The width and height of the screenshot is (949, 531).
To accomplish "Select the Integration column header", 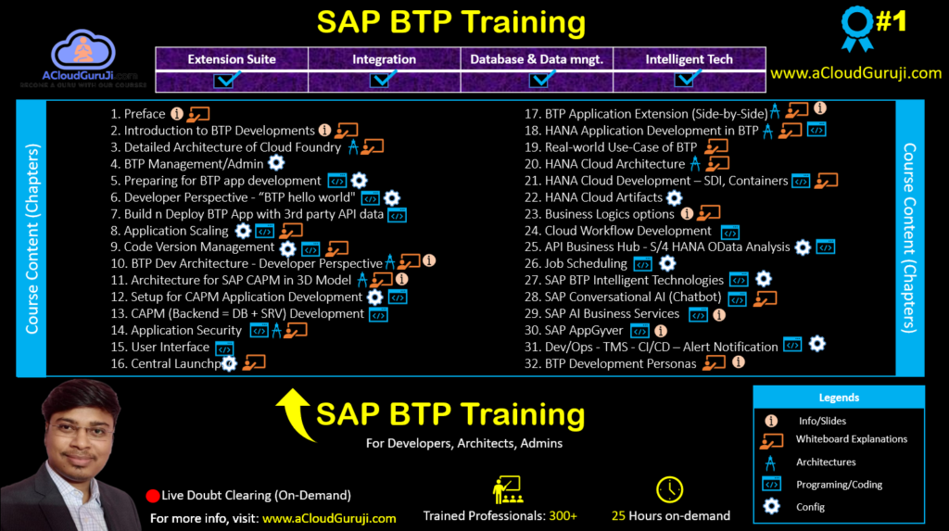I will point(384,59).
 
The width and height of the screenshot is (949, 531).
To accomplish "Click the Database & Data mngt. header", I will point(537,59).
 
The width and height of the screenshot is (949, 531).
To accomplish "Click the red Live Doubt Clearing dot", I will point(153,496).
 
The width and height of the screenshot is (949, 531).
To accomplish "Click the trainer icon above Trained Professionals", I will point(506,489).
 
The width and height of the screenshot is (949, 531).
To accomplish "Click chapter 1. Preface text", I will point(137,114).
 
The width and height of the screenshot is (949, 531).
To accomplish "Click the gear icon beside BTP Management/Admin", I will point(276,163).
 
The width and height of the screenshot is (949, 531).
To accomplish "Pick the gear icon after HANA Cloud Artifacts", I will point(675,197).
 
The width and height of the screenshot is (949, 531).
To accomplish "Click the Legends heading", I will point(839,398).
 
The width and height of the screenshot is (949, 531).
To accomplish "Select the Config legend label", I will point(810,507).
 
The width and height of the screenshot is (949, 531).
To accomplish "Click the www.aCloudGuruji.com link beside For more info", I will point(329,519).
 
